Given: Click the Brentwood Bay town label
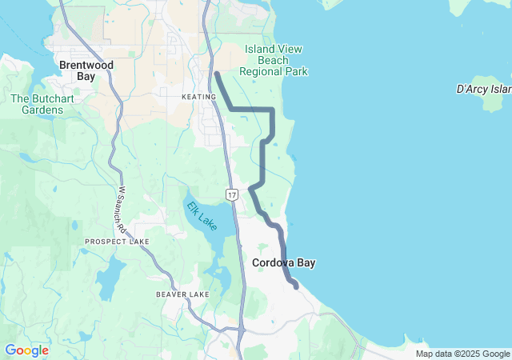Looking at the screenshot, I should (x=86, y=70).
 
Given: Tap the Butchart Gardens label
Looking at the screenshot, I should (x=37, y=104).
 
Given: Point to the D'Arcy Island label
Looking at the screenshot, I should (x=483, y=89).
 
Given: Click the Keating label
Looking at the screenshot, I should (x=198, y=97).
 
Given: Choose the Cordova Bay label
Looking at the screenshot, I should (x=283, y=262).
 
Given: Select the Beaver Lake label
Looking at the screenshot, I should (x=182, y=294).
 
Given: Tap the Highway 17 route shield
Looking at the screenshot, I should (x=231, y=194).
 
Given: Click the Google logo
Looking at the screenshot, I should (x=26, y=350).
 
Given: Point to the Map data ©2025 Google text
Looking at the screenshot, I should (x=462, y=354).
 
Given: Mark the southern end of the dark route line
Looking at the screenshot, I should (x=297, y=286).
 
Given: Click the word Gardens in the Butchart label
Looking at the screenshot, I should (x=37, y=110).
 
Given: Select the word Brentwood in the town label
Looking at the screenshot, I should (x=86, y=65).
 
